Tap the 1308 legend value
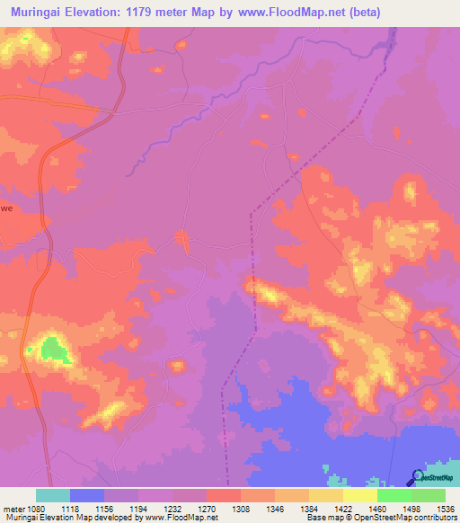pos(241,508)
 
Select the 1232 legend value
pos(172,508)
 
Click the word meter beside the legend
pos(13,508)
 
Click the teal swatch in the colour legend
pos(53,495)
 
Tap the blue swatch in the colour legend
pos(87,495)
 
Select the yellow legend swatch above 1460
pos(359,495)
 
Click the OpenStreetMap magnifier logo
pos(417,477)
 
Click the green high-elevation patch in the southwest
pos(56,350)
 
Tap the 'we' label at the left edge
pos(6,207)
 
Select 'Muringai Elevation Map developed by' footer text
pos(59,518)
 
